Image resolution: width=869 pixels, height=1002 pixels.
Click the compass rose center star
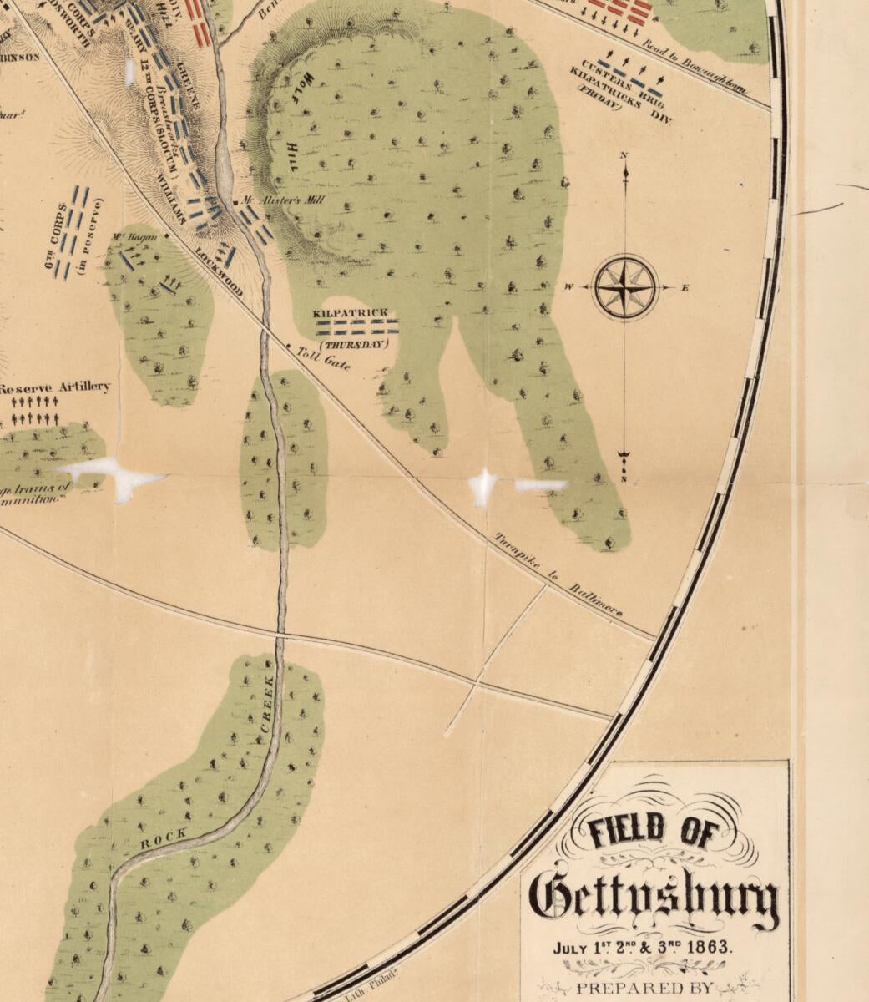tap(625, 288)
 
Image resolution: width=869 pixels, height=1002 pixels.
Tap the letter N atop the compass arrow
tap(625, 156)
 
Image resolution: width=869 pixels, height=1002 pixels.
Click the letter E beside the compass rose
tap(685, 288)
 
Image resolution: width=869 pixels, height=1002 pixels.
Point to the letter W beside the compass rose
tap(568, 288)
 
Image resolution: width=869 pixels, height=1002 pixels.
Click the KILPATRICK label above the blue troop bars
tap(351, 313)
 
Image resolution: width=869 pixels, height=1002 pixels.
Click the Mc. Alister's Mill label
tap(280, 201)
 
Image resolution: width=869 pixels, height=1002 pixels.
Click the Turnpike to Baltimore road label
tap(559, 575)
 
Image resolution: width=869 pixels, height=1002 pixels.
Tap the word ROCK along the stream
tap(159, 840)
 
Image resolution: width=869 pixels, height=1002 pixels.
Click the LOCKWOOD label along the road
tap(220, 271)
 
